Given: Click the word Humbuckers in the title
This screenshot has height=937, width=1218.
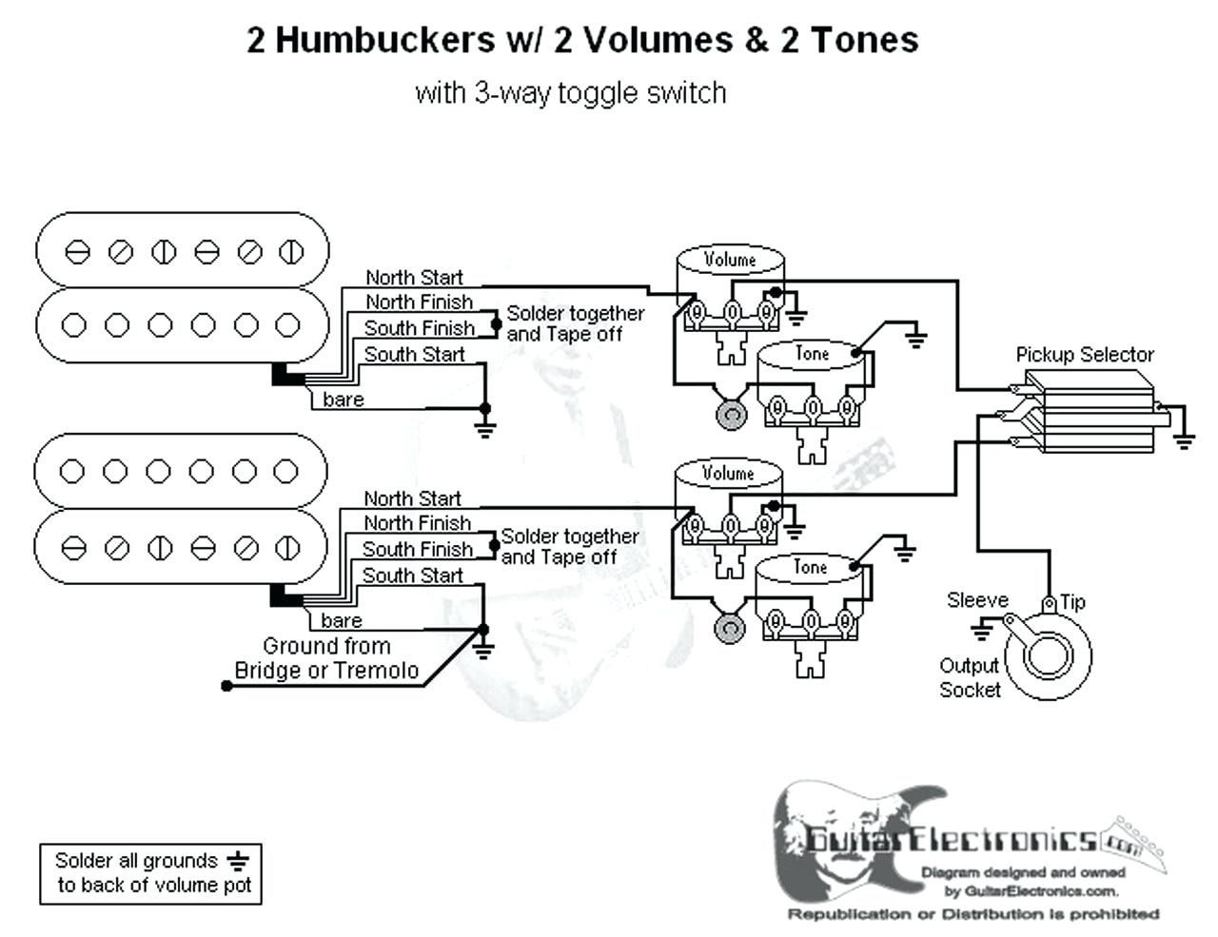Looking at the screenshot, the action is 386,40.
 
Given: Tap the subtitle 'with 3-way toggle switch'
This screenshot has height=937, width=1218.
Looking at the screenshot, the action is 571,92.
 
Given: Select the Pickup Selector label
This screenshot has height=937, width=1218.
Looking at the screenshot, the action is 1085,355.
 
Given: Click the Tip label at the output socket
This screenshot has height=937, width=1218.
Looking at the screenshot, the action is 1072,602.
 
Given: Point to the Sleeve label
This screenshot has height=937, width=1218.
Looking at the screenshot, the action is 977,600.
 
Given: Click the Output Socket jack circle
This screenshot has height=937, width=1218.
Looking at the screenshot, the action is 1049,655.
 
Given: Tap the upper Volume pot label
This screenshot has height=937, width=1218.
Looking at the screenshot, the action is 730,260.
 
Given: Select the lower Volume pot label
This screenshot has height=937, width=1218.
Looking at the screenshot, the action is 728,474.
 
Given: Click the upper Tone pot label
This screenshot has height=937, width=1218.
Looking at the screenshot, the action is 813,354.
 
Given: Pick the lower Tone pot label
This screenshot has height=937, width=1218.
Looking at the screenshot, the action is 810,567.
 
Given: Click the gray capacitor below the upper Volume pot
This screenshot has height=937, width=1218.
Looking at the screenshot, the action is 732,415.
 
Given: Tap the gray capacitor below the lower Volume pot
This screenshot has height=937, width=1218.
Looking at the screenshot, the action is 729,629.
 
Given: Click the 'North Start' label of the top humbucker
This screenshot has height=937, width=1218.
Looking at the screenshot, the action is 414,277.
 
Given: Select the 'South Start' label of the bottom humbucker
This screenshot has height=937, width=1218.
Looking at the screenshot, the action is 413,576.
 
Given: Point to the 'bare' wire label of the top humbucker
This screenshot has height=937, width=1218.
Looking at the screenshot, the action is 343,400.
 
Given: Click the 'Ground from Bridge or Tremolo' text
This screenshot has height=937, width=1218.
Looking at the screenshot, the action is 326,658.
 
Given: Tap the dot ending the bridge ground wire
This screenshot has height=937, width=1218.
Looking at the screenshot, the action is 226,686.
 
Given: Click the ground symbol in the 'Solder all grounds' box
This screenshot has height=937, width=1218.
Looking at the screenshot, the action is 238,862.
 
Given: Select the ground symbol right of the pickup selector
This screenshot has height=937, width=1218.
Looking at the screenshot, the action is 1184,442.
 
